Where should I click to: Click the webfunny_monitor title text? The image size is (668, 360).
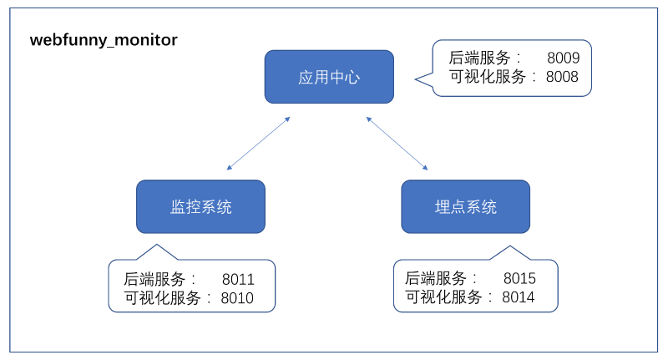coord(104,40)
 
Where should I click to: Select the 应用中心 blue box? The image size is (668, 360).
coord(329,77)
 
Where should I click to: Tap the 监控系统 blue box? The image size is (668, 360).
coord(200,206)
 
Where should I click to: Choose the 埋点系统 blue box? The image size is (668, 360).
coord(466,206)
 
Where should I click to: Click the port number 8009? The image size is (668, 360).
coord(563,58)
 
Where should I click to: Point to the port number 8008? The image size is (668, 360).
coord(562,77)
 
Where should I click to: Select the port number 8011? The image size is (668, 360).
coord(238,280)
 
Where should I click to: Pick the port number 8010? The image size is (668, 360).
coord(237,298)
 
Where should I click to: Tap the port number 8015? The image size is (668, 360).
coord(519,279)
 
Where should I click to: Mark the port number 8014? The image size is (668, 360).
coord(518,297)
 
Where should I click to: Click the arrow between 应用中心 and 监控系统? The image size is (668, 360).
coord(259,144)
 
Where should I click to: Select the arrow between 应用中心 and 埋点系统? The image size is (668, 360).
coord(397,144)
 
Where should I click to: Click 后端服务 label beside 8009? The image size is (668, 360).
coord(479,58)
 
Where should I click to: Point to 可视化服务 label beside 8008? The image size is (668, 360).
coord(488,77)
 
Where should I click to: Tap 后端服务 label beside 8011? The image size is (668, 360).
coord(154,280)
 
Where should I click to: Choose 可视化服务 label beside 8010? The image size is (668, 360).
coord(162,298)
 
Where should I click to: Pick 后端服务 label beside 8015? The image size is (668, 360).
coord(435,278)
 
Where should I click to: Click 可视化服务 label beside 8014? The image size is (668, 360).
coord(443,297)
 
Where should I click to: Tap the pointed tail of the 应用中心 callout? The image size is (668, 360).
coord(416,79)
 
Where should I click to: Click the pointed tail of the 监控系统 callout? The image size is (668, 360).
coord(157,245)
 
